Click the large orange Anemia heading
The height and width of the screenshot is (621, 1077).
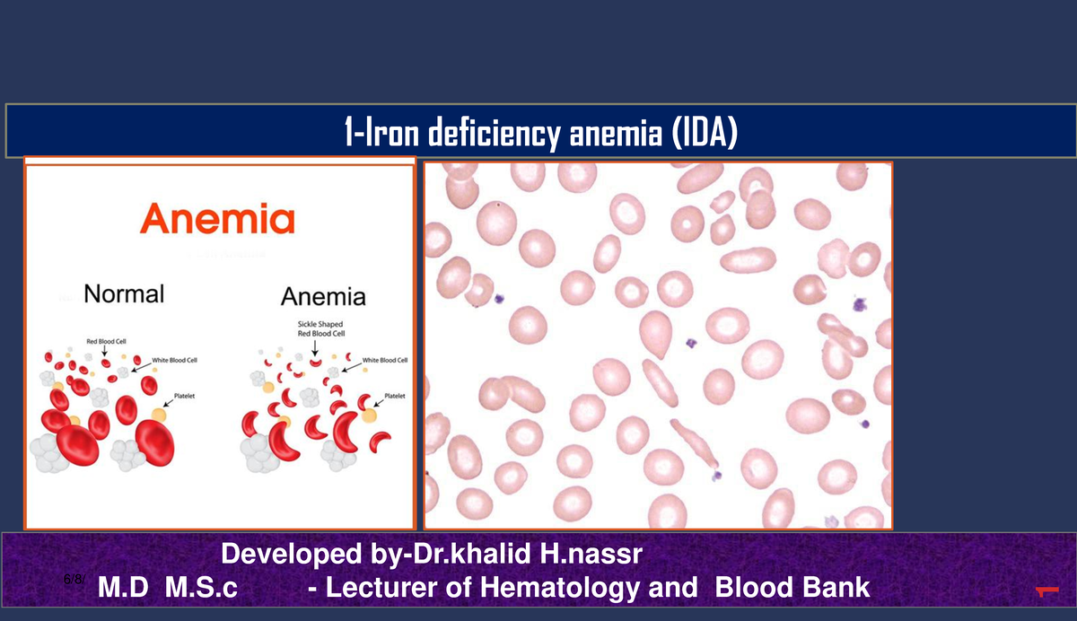pyautogui.click(x=217, y=218)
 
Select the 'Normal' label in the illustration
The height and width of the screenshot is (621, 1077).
pyautogui.click(x=124, y=293)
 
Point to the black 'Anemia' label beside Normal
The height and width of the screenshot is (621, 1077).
pyautogui.click(x=323, y=296)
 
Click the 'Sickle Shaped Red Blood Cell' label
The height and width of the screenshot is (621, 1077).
pyautogui.click(x=320, y=328)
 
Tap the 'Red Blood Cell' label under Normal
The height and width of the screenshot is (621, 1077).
pyautogui.click(x=106, y=341)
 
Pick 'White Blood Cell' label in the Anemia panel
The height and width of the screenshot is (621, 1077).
pyautogui.click(x=384, y=360)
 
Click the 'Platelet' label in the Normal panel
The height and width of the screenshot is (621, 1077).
pyautogui.click(x=185, y=395)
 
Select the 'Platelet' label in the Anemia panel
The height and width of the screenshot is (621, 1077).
pyautogui.click(x=394, y=396)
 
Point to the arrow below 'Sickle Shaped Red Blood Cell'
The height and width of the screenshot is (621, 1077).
pyautogui.click(x=314, y=348)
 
